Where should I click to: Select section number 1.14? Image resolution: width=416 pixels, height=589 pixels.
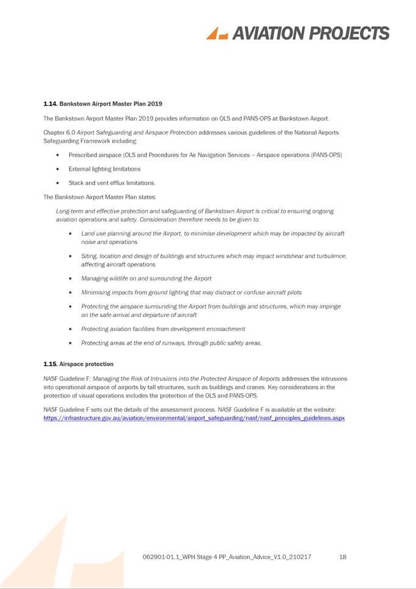[50, 104]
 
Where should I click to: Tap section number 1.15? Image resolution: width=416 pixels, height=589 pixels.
[50, 365]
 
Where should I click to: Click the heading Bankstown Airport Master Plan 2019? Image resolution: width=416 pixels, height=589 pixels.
[111, 104]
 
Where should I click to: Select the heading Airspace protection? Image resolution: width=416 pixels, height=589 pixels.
[87, 365]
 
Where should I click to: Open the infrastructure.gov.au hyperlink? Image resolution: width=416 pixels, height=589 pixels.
[194, 418]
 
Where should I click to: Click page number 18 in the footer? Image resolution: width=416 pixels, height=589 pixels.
[343, 557]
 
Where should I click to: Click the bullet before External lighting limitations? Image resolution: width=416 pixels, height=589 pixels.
[57, 169]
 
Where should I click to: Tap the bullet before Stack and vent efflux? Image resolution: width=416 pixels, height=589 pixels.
[57, 183]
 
